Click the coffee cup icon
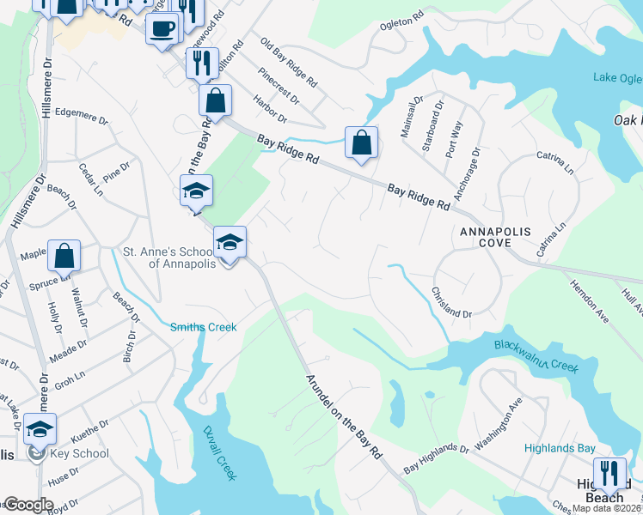coord(162,29)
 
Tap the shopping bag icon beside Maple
coord(64,256)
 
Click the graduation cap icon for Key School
coord(40,429)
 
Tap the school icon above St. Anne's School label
coord(230,243)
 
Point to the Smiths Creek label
coord(203,327)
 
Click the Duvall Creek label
coord(219,453)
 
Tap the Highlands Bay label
coord(560,449)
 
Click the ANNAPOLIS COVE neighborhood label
coord(498,238)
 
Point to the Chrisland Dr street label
coord(451,303)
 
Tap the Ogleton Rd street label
coord(402,19)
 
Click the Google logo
coord(28,505)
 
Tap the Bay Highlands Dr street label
coord(436,458)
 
